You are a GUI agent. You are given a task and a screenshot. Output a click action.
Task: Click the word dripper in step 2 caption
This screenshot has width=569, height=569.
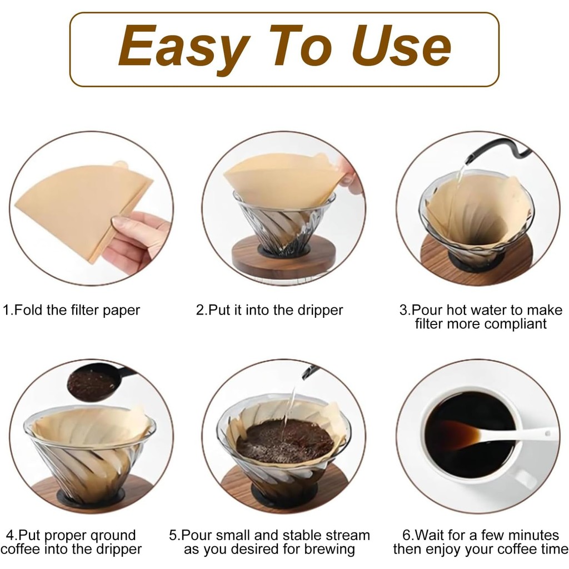(320, 311)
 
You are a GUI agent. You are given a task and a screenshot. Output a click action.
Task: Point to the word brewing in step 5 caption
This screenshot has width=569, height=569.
(330, 550)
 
